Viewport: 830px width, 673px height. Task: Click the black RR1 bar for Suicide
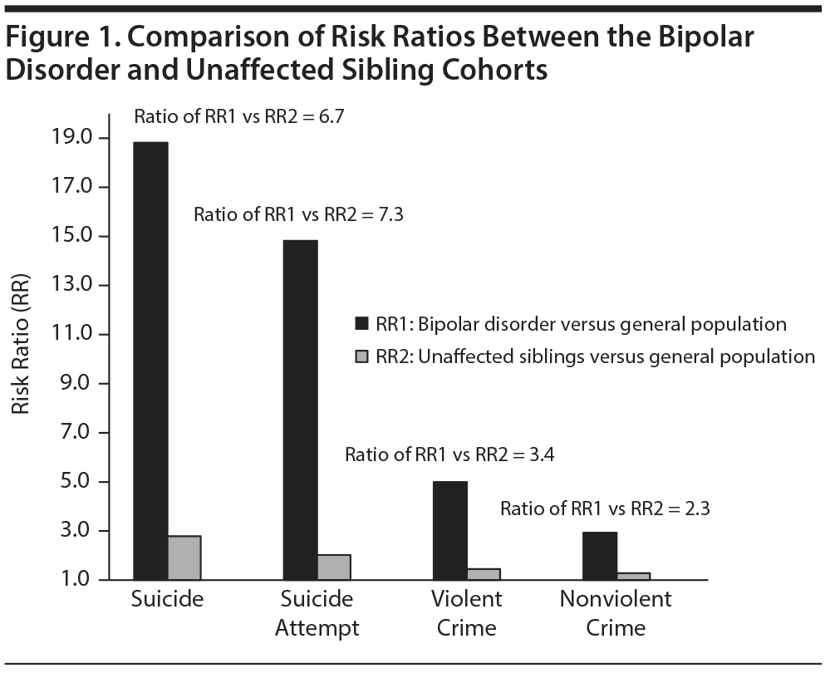click(150, 361)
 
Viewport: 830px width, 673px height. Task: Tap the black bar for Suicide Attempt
click(300, 410)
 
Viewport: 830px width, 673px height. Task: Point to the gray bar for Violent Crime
click(484, 574)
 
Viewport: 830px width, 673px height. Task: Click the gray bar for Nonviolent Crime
click(633, 576)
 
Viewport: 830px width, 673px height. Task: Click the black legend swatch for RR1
click(361, 323)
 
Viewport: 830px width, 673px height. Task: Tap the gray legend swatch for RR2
click(361, 356)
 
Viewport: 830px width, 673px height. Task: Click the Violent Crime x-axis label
click(467, 613)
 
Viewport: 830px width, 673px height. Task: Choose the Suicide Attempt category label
click(317, 613)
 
